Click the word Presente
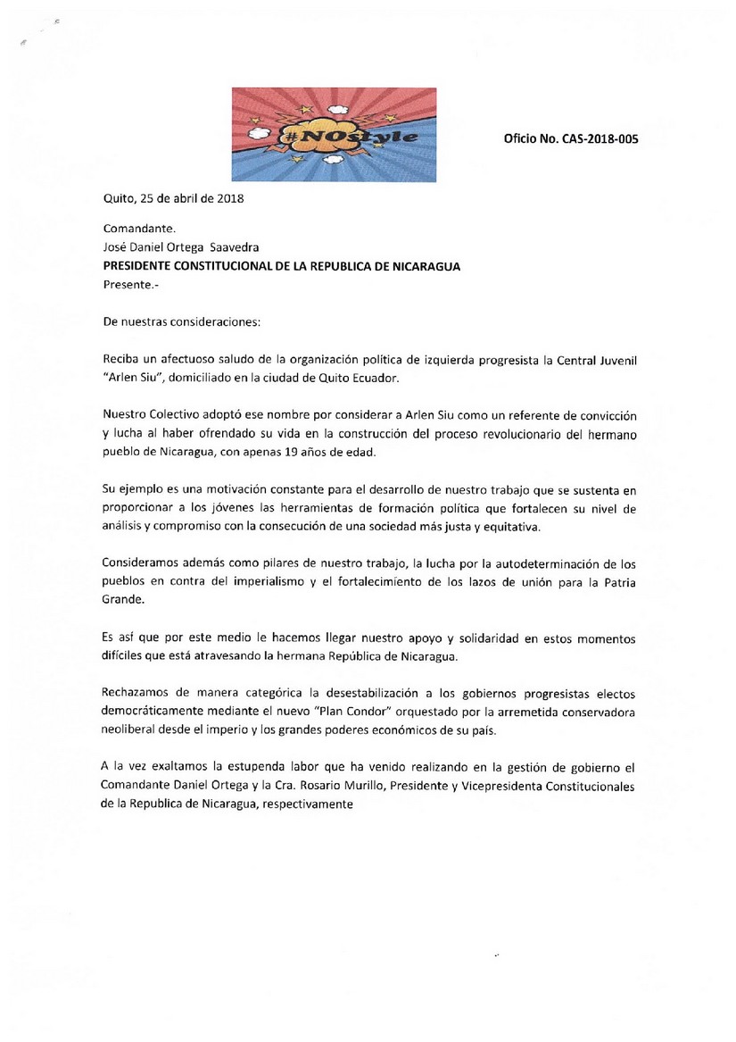(125, 285)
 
